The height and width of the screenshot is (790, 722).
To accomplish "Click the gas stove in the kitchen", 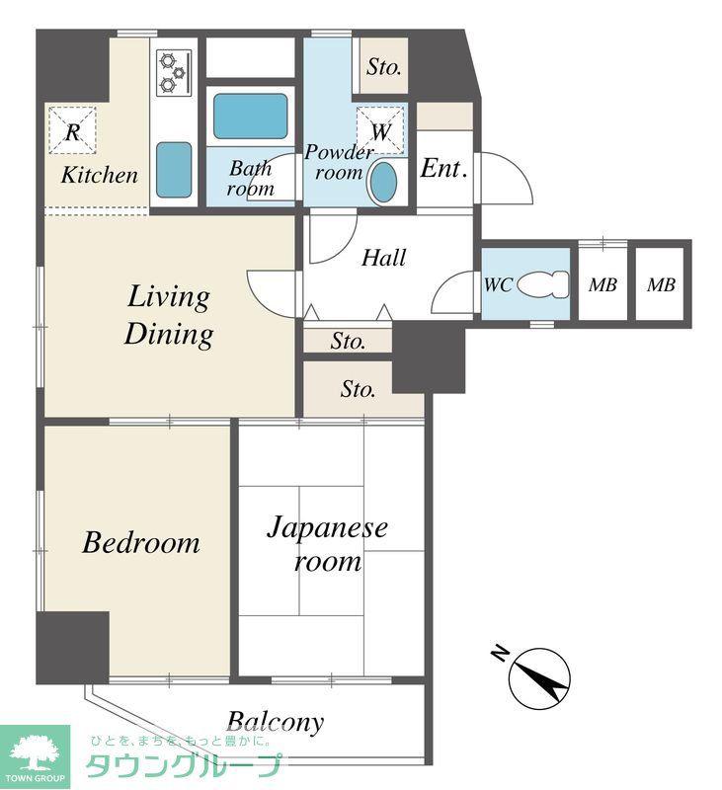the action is point(175,73).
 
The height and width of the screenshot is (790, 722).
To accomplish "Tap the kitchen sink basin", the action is point(174,170).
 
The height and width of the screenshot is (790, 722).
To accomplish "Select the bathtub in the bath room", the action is point(251,117).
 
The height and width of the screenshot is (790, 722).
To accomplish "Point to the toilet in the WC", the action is point(543,284).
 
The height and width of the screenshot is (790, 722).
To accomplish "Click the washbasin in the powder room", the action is point(384,182).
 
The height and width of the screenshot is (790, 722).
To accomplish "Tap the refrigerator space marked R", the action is point(72,130).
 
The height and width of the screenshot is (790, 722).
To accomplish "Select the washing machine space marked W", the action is point(380,130).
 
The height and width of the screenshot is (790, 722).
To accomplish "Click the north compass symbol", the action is point(539,678).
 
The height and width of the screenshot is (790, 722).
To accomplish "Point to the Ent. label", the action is point(443,168).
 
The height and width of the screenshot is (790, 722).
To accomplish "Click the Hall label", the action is point(383,258).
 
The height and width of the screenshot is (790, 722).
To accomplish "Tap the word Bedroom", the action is point(141,542).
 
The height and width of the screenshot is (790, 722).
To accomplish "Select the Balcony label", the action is point(276,722).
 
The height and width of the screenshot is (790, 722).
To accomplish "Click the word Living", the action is point(168,297).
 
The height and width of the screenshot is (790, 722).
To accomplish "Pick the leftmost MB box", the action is point(602,284).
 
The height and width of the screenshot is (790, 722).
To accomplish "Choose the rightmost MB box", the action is point(661,284).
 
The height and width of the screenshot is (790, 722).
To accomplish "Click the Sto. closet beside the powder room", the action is point(384,66).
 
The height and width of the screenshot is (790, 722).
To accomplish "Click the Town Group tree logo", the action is point(35,752).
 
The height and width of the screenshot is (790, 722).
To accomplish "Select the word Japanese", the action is point(328,528).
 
